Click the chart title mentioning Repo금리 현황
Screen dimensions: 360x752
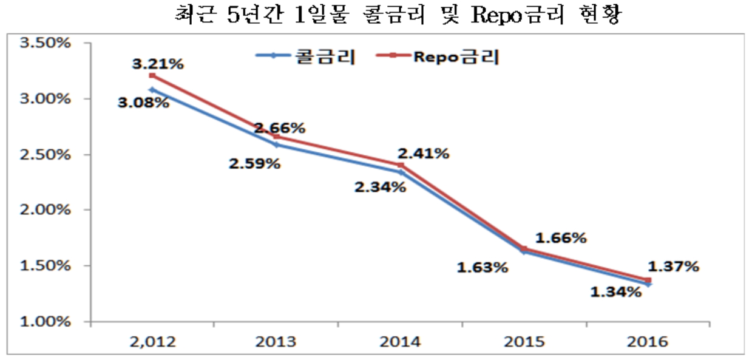[397, 15]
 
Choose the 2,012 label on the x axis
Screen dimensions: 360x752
[152, 341]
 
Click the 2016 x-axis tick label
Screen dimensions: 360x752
[647, 341]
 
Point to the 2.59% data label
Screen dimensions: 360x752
[255, 163]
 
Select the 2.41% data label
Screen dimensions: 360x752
[424, 153]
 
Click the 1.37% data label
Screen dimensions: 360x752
[674, 267]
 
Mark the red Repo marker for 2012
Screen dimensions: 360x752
[152, 75]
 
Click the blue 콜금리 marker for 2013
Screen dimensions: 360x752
[276, 144]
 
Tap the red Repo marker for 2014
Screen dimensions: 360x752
[400, 165]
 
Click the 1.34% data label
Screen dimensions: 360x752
[615, 292]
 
